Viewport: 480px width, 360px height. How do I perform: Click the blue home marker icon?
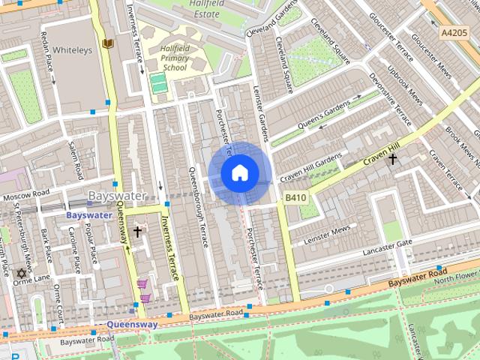239,173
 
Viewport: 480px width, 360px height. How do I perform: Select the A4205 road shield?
453,33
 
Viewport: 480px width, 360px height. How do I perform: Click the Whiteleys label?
72,50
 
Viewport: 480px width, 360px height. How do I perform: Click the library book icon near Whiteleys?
109,44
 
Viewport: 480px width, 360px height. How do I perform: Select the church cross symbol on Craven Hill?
391,159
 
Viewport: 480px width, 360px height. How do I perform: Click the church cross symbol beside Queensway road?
136,232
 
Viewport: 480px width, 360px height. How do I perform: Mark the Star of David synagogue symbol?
20,272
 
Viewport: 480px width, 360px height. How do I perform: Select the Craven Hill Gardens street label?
310,169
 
